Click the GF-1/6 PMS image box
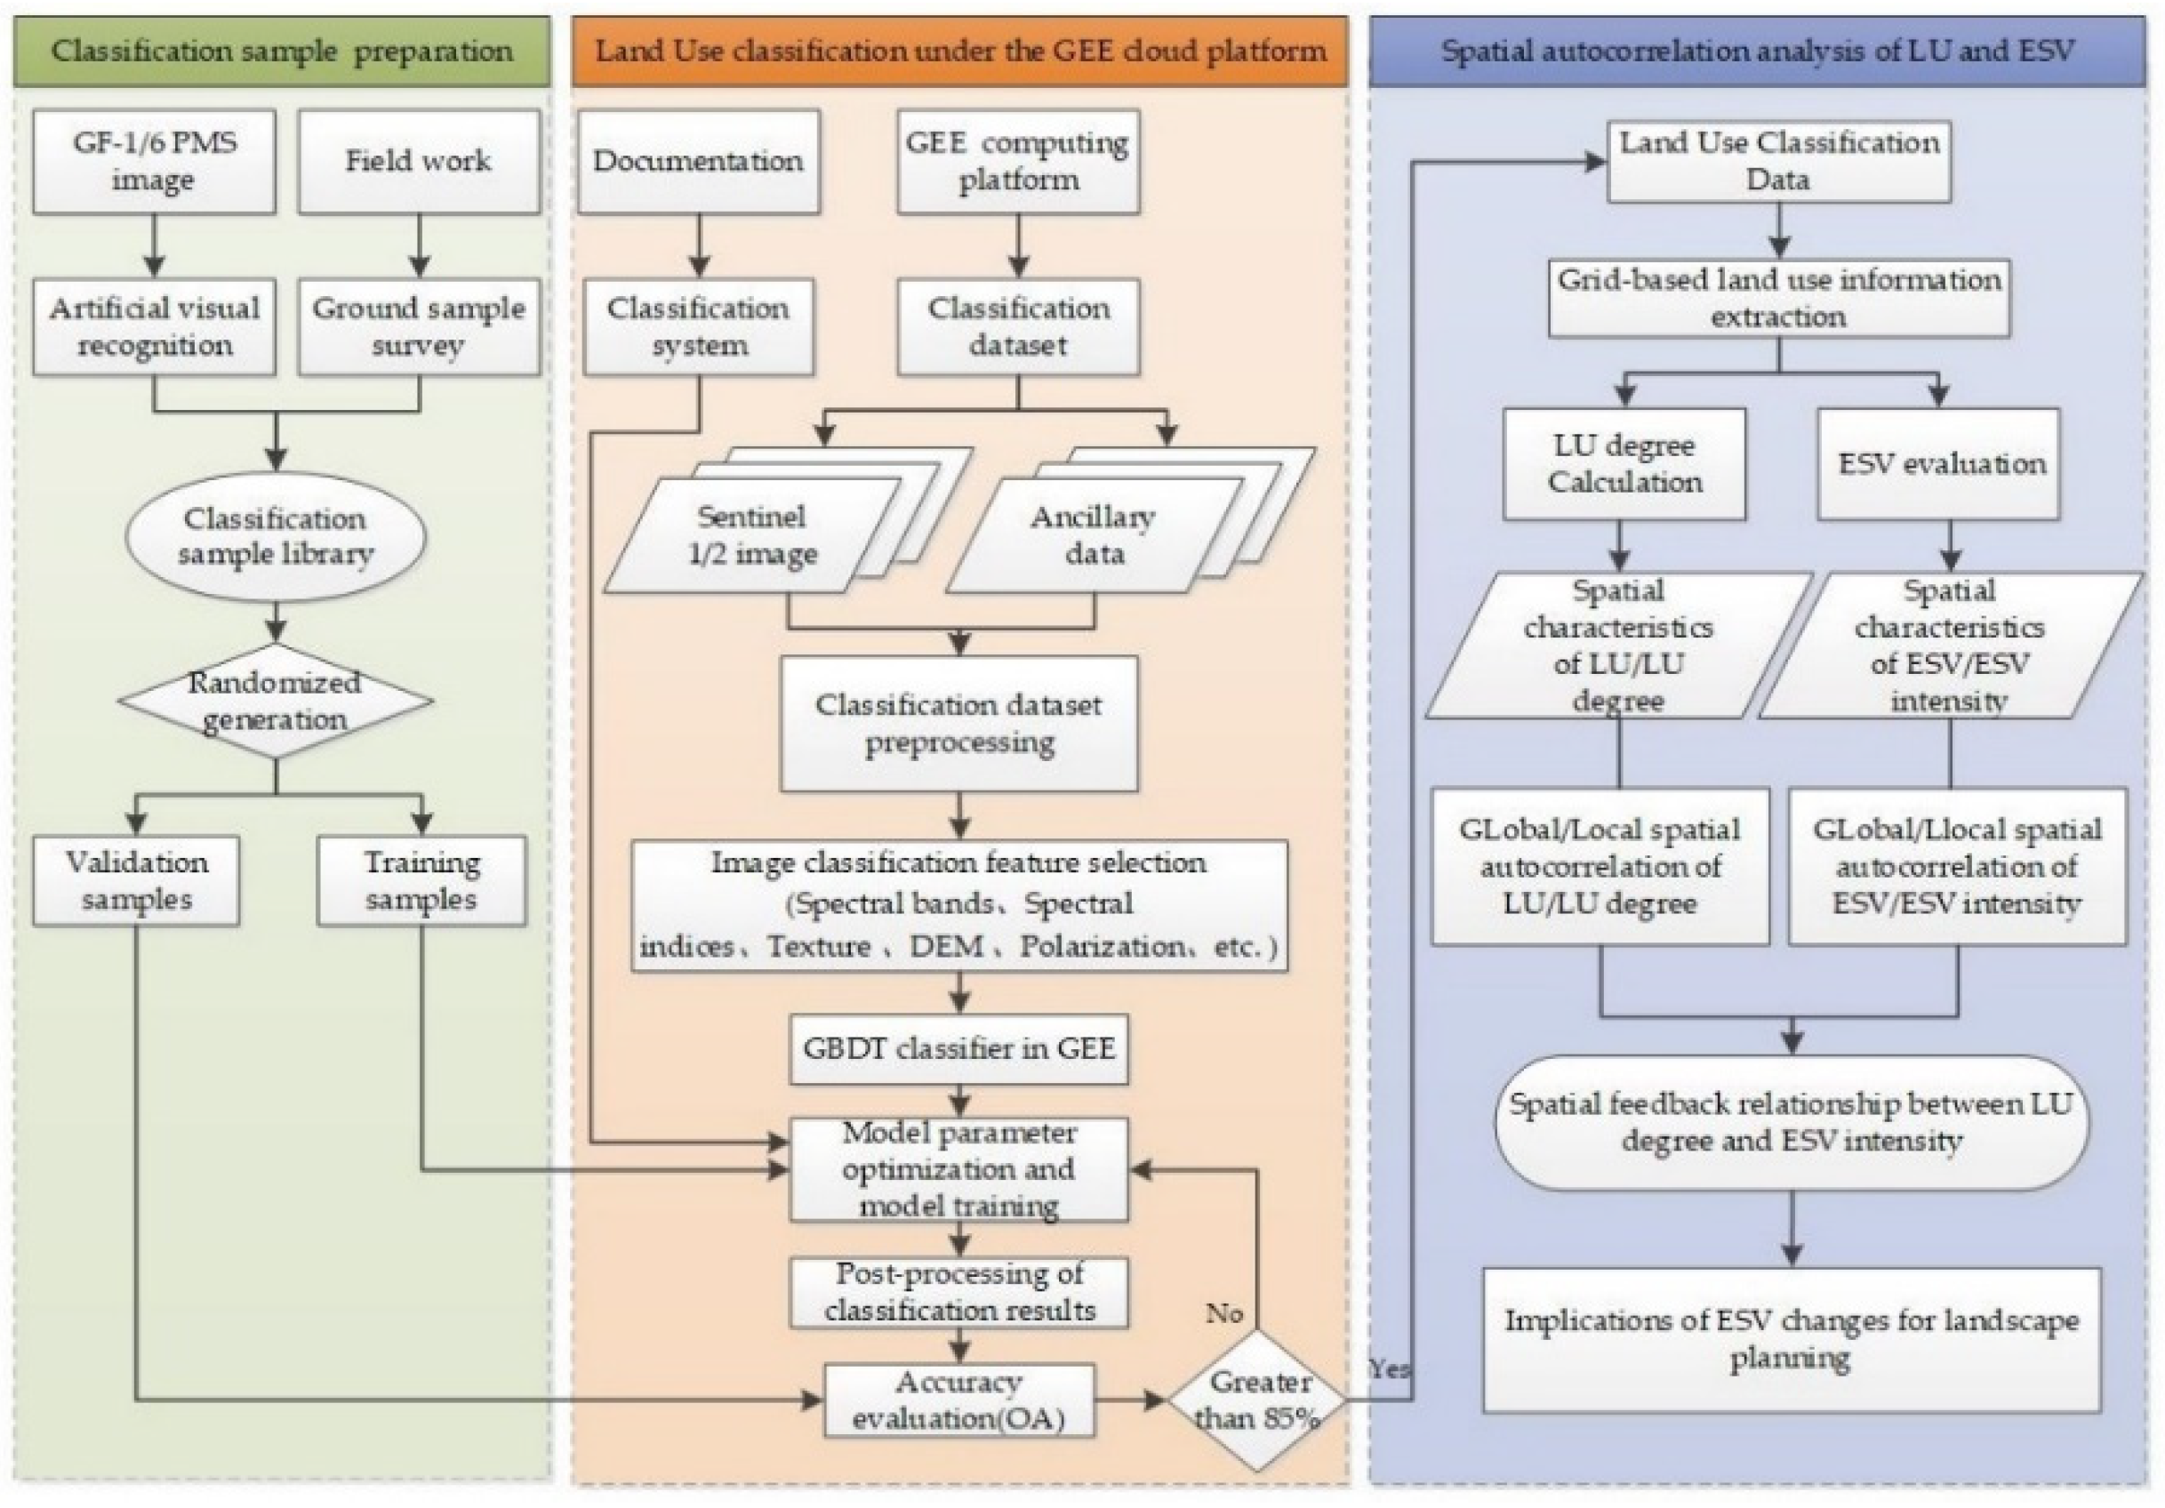coord(154,161)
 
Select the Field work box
coord(419,161)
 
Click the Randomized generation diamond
coord(276,702)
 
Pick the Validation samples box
coord(137,880)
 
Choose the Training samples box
coord(421,880)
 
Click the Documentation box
coord(698,161)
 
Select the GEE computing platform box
coord(1017,161)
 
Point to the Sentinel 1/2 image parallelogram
coord(751,535)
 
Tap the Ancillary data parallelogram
coord(1093,535)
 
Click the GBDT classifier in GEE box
coord(959,1048)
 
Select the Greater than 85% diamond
coord(1257,1400)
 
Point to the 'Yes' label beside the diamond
coord(1389,1368)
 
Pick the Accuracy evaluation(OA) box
coord(959,1400)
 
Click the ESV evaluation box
coord(1940,464)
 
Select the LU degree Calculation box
coord(1624,464)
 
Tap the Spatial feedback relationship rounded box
coord(1791,1122)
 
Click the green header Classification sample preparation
coord(281,52)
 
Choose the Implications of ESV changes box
coord(1791,1339)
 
